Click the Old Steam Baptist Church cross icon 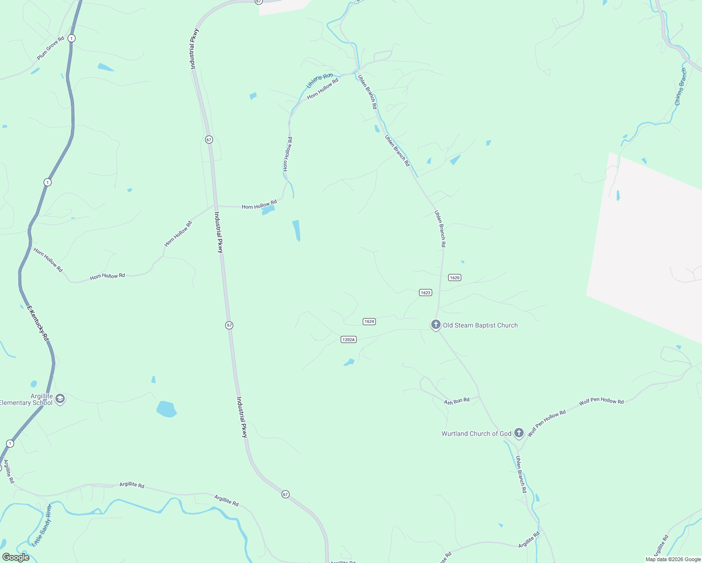coord(435,324)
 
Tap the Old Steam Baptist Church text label coord(480,325)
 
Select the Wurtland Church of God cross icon coord(519,433)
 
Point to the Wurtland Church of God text coord(476,434)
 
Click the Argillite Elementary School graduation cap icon coord(60,399)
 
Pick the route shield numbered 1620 coord(454,277)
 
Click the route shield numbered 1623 coord(425,292)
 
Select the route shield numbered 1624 coord(369,321)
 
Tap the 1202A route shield coord(348,339)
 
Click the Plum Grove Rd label coord(50,48)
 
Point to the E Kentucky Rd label coord(38,323)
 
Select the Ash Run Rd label coord(457,401)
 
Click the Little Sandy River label coord(42,525)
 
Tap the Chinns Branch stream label coord(680,86)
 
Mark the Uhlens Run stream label coord(319,80)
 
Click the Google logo coord(15,557)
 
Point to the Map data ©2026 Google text coord(673,559)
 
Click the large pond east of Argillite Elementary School coord(166,409)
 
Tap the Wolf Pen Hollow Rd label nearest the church coord(547,423)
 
